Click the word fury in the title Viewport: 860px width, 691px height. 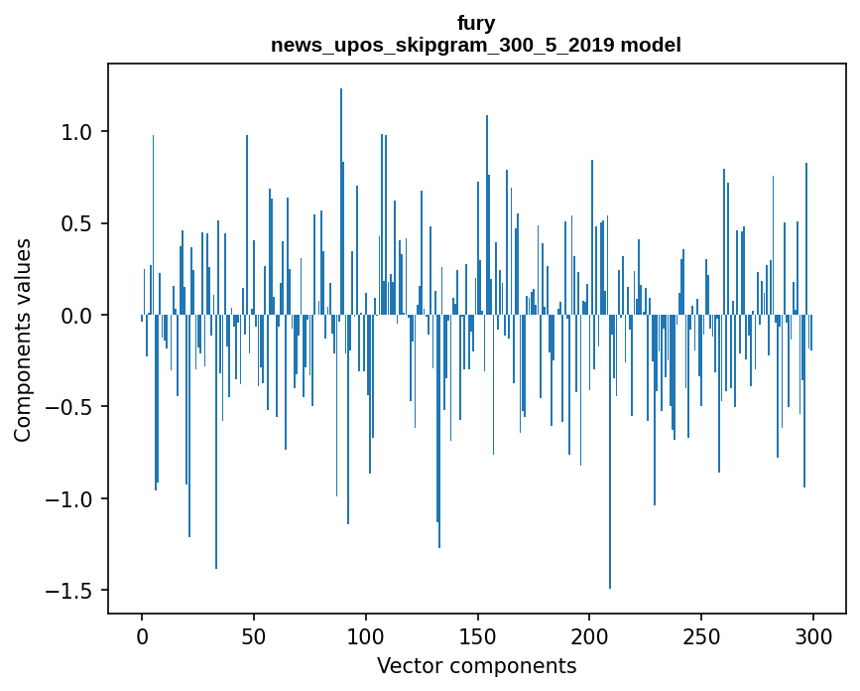click(x=476, y=23)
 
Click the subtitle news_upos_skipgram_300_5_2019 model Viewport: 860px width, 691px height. click(x=476, y=45)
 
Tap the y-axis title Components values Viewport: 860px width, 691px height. click(x=23, y=340)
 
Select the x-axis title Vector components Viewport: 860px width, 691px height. click(x=476, y=665)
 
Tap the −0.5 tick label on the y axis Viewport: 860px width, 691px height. click(x=72, y=407)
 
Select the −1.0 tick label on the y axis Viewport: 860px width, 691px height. click(x=72, y=498)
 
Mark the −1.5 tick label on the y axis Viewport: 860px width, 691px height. click(x=72, y=591)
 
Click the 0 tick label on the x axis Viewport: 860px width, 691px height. click(x=142, y=635)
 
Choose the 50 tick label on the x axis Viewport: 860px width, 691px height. click(x=254, y=635)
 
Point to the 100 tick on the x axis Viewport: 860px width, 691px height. click(x=366, y=635)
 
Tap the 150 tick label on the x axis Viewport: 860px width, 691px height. click(x=477, y=635)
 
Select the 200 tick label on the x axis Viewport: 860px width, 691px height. click(x=589, y=635)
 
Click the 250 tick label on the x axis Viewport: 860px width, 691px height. click(x=701, y=635)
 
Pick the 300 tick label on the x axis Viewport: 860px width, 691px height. click(x=813, y=635)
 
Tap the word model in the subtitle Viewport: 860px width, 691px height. click(x=651, y=45)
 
